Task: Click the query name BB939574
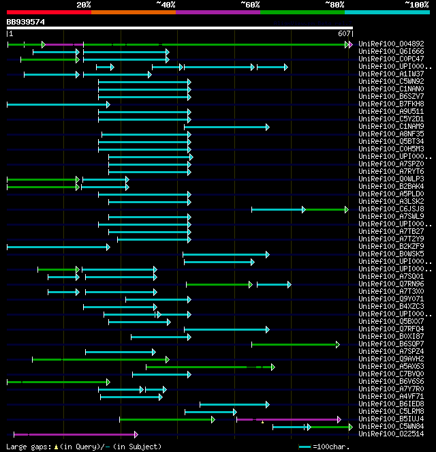[x=26, y=22]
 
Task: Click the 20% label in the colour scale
[x=84, y=5]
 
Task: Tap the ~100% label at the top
[x=416, y=5]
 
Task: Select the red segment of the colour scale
[x=48, y=12]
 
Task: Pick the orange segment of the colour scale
[x=133, y=12]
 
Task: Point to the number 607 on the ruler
[x=344, y=33]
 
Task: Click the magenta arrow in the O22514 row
[x=75, y=434]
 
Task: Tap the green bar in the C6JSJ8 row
[x=326, y=209]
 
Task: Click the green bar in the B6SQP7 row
[x=295, y=344]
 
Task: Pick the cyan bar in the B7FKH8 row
[x=57, y=104]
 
